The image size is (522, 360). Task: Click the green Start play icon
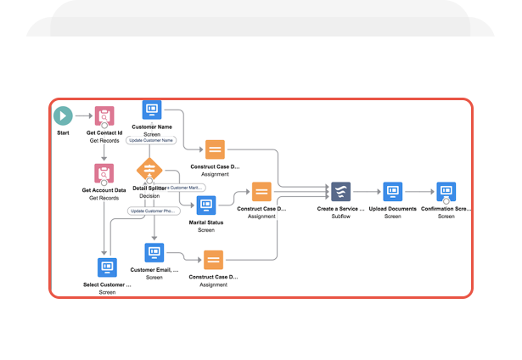(63, 115)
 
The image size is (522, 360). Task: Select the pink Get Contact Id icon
(104, 116)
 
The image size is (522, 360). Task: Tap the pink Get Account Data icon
(104, 173)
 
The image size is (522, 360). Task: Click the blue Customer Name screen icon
(153, 110)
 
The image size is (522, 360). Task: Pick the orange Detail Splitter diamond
(149, 169)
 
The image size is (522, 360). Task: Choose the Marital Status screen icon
(206, 205)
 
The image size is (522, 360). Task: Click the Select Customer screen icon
(108, 267)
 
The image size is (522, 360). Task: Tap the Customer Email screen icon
(154, 252)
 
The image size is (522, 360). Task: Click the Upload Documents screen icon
(392, 191)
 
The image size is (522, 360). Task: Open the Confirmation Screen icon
(446, 191)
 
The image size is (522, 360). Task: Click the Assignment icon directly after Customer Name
(216, 149)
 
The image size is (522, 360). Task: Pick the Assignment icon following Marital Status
(261, 191)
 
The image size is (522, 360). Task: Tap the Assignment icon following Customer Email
(213, 260)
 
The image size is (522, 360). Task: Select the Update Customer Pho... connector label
(153, 211)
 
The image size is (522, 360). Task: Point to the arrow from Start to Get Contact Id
(82, 115)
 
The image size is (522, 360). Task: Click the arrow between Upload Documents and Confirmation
(419, 192)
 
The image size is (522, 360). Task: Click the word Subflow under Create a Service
(341, 217)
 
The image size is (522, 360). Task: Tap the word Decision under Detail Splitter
(149, 196)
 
